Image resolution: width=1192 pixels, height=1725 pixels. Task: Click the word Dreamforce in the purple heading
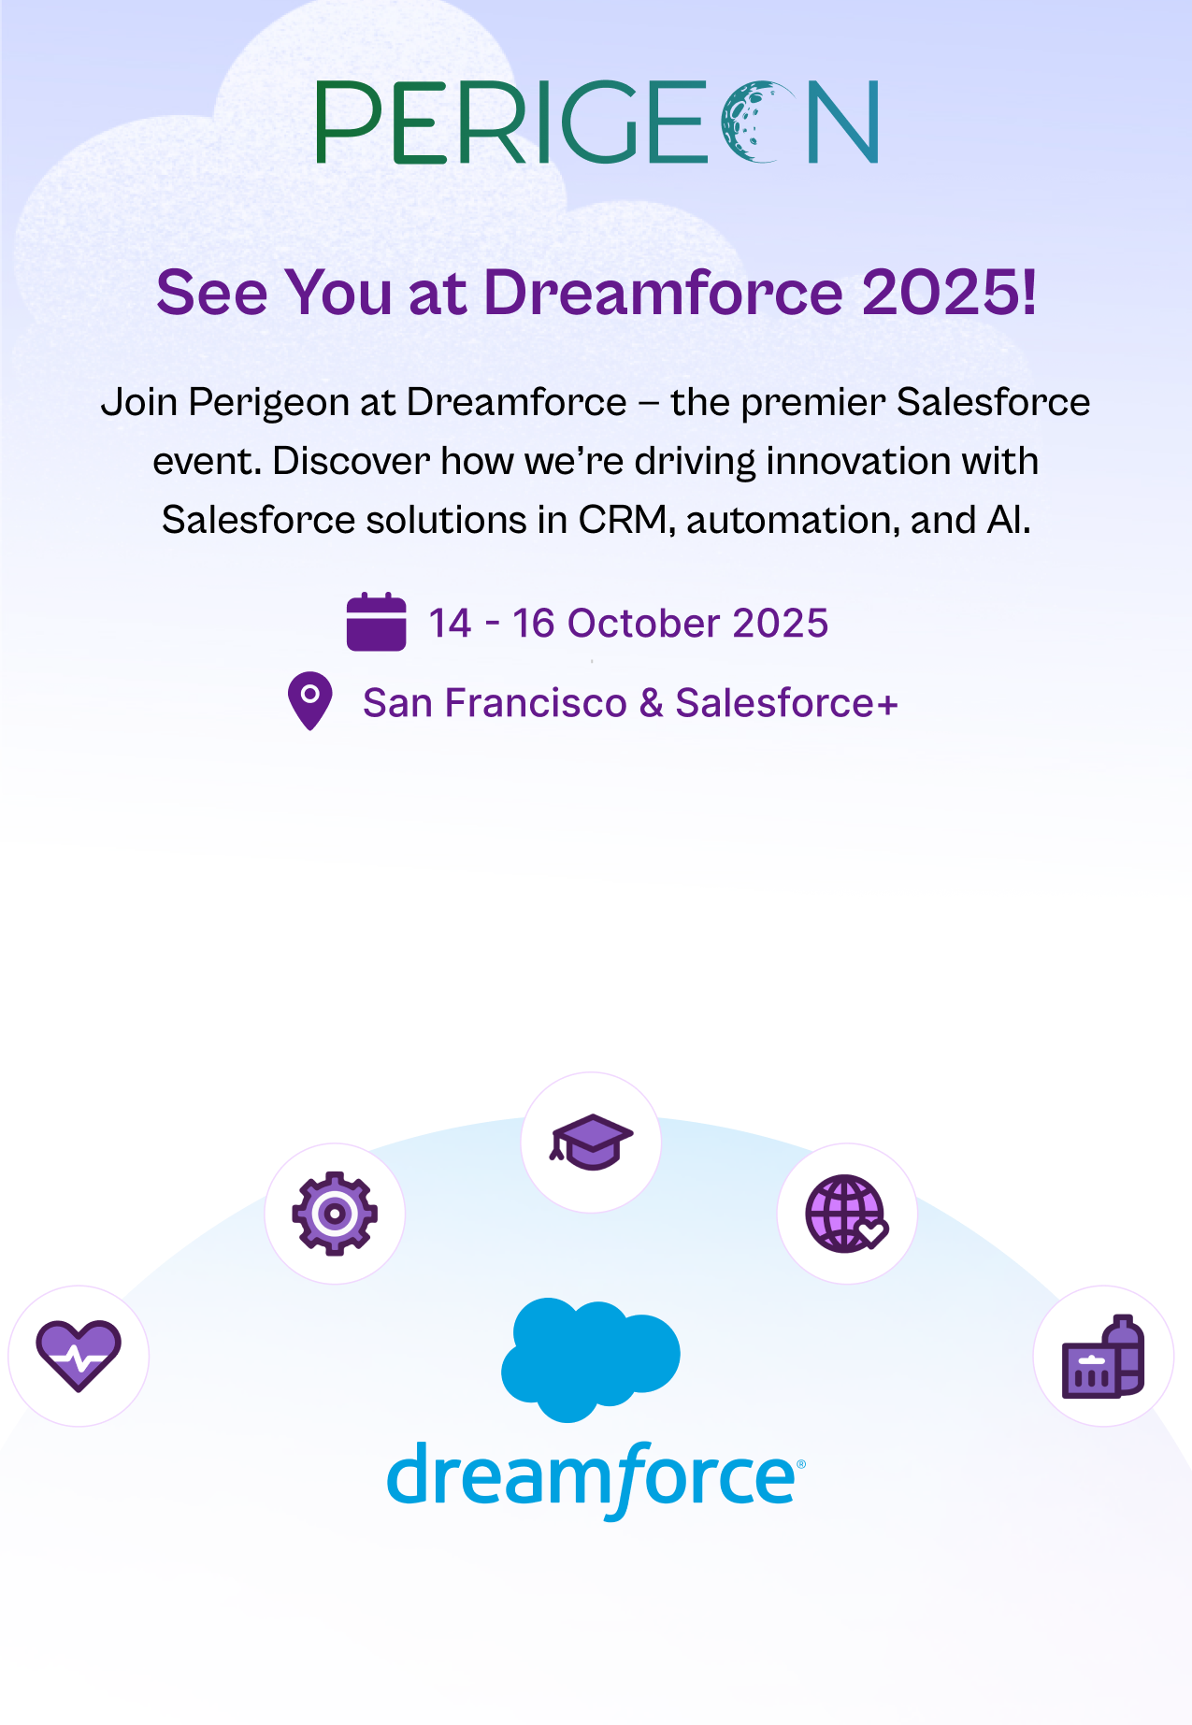point(664,293)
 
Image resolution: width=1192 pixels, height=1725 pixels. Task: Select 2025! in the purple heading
point(948,293)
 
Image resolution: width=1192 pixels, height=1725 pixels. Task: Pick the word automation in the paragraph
point(793,520)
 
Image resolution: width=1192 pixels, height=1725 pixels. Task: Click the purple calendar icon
point(376,622)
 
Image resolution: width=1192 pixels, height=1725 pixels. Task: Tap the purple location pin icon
point(310,701)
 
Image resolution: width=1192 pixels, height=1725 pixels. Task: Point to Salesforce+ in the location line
point(786,703)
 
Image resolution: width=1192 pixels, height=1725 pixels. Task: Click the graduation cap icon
point(591,1142)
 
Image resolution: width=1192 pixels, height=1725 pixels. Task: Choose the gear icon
point(335,1214)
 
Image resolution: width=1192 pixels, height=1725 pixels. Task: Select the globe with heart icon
point(847,1214)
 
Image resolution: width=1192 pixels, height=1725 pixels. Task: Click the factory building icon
point(1103,1357)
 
